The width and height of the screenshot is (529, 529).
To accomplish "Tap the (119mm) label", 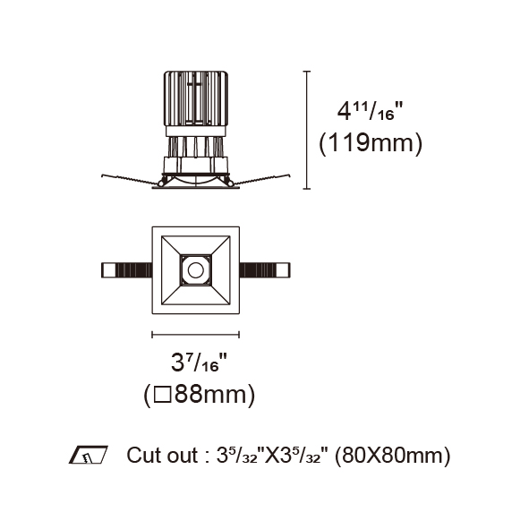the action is point(371,143).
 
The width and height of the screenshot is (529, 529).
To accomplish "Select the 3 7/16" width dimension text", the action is point(199,363).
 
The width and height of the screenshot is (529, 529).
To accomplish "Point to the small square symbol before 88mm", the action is point(162,395).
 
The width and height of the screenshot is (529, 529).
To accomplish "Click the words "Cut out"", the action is point(162,455).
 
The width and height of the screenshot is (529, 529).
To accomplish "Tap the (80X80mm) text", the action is point(392,456).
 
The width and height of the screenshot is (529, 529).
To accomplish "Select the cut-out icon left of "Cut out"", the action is point(89,455).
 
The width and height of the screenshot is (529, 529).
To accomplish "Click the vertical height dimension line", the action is point(307,130).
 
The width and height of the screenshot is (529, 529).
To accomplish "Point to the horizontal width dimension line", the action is point(196,335).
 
